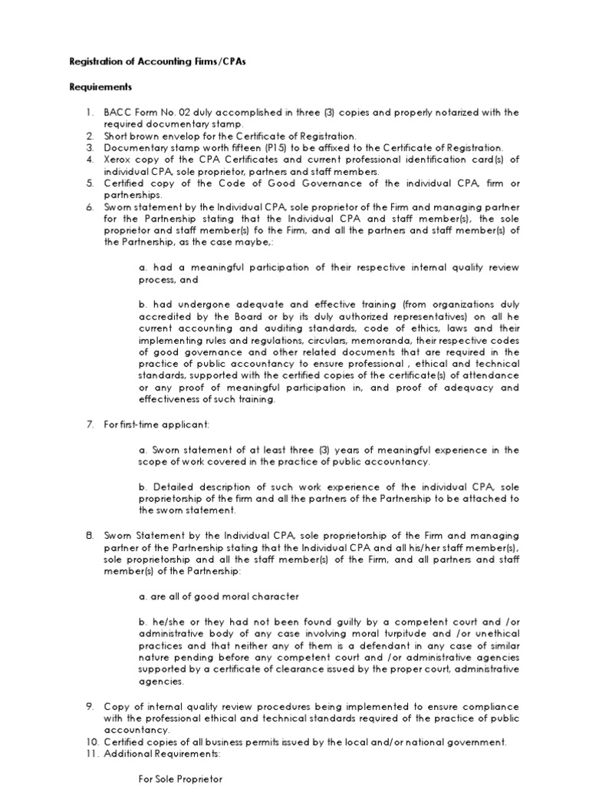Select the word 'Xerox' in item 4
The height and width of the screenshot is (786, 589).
pos(118,159)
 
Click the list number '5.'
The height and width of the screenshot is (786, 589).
pos(89,183)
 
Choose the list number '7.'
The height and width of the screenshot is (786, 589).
pos(89,425)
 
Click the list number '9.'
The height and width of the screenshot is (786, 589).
pos(89,706)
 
